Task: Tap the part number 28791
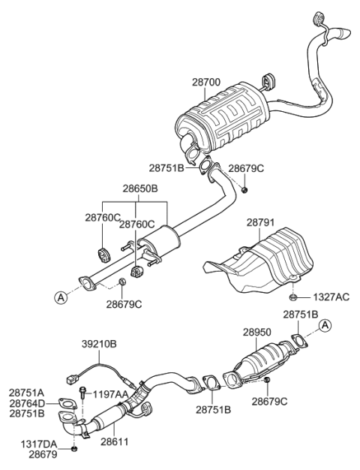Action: [x=260, y=223]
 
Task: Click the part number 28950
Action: [x=257, y=330]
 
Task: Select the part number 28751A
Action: [x=26, y=392]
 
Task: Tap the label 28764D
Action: [x=26, y=403]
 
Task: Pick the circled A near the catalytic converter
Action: [x=324, y=324]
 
